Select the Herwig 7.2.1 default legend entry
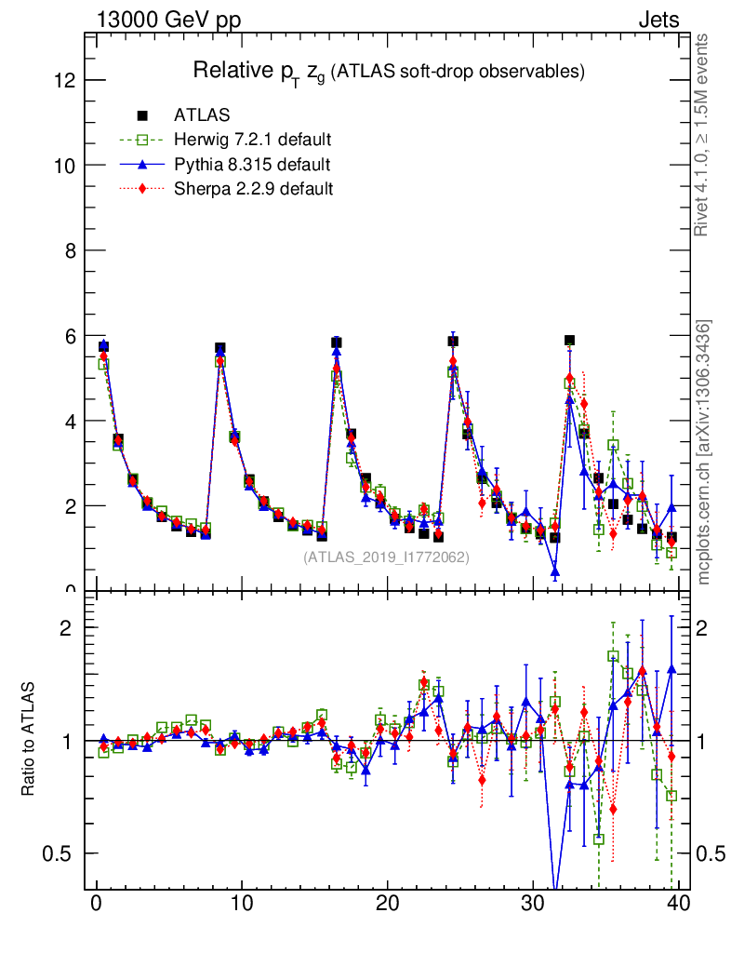(252, 141)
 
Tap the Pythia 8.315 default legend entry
(251, 165)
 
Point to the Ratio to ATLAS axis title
(29, 740)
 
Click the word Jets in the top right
(658, 20)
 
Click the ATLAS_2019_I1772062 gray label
(386, 557)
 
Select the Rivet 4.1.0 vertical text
(703, 135)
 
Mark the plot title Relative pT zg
(388, 71)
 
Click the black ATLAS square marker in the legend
(142, 115)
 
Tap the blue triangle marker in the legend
(142, 165)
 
